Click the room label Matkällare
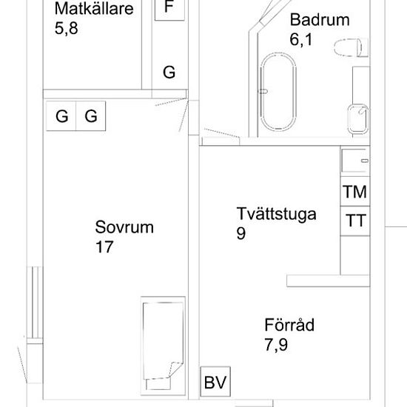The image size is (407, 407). (93, 10)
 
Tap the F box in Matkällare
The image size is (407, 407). (169, 9)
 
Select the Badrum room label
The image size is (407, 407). (319, 20)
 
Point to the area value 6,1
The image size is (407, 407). (301, 39)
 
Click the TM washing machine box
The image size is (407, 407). (355, 192)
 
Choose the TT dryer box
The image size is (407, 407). (355, 221)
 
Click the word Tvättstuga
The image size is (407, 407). (276, 215)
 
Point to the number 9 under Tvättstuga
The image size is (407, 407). (241, 233)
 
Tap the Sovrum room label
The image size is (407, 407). (124, 227)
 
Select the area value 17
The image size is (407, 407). (104, 247)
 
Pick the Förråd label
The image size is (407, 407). (289, 325)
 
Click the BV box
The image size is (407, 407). (215, 383)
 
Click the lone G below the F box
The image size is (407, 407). (169, 73)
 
